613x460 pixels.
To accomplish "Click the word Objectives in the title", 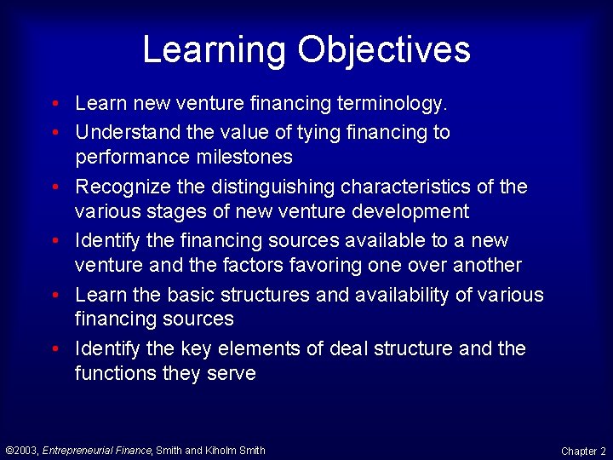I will tap(384, 49).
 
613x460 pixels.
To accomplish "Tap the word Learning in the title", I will tap(214, 49).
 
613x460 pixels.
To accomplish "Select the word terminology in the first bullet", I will tap(391, 104).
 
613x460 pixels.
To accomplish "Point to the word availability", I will tap(394, 295).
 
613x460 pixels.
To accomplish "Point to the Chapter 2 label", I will tap(583, 451).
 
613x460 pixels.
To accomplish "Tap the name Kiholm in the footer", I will tap(221, 451).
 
